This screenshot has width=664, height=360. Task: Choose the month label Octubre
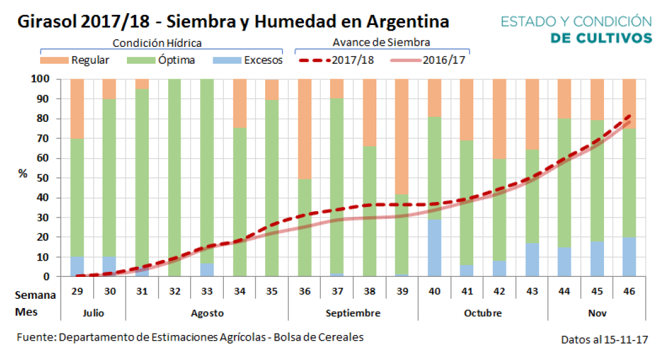tap(482, 312)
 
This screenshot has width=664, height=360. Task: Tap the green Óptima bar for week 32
tap(174, 178)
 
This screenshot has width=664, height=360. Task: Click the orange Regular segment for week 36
tap(304, 129)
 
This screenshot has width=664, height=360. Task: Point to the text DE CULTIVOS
tap(601, 38)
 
